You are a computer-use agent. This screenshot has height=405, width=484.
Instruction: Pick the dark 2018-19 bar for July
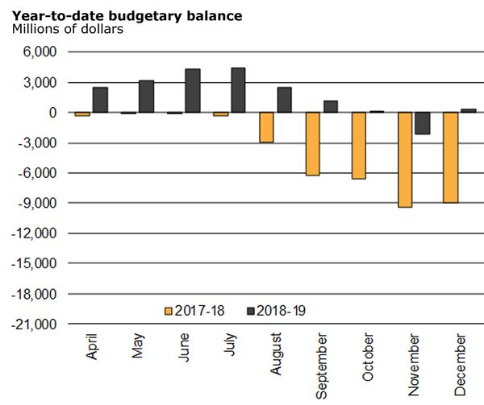[238, 89]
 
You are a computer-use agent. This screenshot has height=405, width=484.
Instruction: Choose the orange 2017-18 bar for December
[450, 157]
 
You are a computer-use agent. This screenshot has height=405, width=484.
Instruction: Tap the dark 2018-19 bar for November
[423, 123]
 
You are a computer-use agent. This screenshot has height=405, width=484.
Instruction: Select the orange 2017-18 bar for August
[266, 127]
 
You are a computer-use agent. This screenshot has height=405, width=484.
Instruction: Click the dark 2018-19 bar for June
[192, 90]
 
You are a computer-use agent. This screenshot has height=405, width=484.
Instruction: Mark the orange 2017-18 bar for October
[358, 145]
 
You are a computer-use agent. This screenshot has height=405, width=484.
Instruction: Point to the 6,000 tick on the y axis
[39, 52]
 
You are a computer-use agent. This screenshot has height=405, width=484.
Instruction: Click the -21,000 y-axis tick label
[33, 324]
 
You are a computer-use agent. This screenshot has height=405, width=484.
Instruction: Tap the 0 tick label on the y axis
[49, 113]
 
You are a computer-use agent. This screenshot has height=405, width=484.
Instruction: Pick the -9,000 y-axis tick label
[35, 204]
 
